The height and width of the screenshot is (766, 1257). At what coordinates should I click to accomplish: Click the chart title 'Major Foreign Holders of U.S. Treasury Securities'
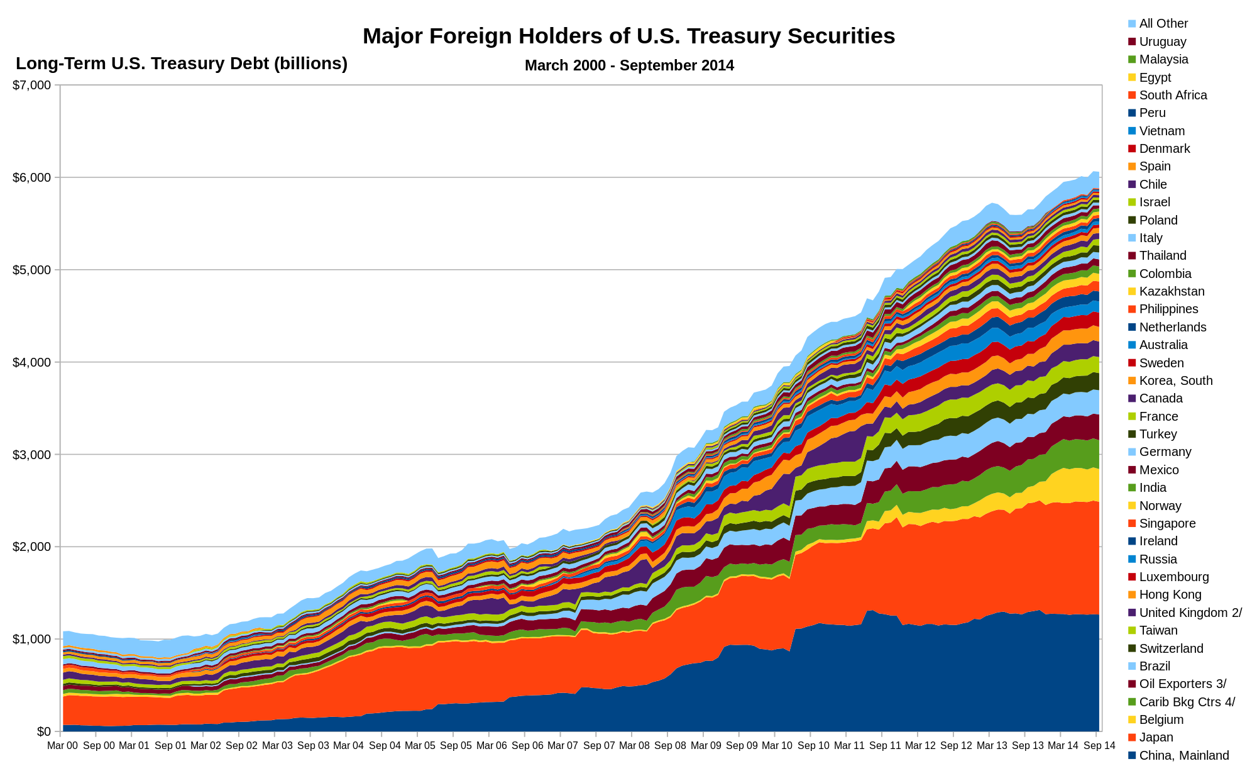(x=628, y=36)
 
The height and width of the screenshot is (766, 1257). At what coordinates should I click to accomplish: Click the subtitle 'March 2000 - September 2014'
(x=629, y=65)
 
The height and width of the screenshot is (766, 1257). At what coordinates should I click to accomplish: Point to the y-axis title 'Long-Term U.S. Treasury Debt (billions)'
(x=182, y=64)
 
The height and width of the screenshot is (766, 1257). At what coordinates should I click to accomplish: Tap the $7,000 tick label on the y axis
(x=31, y=85)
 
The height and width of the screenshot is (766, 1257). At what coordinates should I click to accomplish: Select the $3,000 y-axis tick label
(x=31, y=454)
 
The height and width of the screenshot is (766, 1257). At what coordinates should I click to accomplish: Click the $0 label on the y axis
(x=43, y=731)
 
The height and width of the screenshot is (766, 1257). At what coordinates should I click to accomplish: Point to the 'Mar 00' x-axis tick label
(x=63, y=746)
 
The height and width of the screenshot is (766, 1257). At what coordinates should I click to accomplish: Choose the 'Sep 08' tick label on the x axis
(x=670, y=746)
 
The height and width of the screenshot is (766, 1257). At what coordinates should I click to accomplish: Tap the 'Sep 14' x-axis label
(x=1099, y=746)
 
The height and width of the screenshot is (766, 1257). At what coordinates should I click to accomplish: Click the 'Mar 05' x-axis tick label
(x=420, y=746)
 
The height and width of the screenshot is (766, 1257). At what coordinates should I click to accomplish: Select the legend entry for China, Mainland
(x=1183, y=755)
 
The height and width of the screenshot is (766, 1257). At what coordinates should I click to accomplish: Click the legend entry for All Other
(x=1163, y=23)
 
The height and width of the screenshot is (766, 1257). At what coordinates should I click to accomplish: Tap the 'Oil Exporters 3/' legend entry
(x=1182, y=684)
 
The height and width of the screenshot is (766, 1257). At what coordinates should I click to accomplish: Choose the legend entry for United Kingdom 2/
(x=1190, y=613)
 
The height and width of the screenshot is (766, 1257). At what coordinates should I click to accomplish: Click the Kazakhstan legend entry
(x=1172, y=291)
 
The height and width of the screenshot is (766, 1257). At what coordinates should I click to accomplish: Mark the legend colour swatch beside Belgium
(x=1132, y=719)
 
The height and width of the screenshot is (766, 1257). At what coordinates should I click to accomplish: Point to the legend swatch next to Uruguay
(x=1132, y=42)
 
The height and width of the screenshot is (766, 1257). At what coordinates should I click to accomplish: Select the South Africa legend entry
(x=1173, y=95)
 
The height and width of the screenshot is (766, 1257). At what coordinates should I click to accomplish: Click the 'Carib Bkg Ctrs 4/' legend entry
(x=1187, y=702)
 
